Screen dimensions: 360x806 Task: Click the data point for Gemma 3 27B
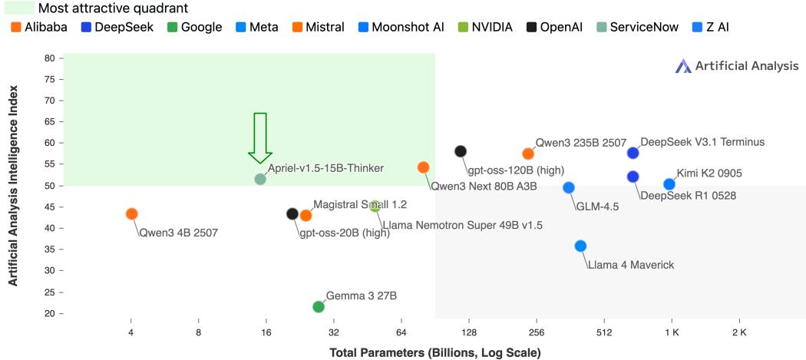click(319, 307)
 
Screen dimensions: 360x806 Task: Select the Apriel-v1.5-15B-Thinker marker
click(260, 179)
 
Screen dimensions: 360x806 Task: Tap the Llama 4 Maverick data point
click(580, 246)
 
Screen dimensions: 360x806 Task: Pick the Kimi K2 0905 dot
click(669, 184)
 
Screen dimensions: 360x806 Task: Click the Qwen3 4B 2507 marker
click(131, 213)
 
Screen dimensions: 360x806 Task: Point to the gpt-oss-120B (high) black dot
click(461, 151)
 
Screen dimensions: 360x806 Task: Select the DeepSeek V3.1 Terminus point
click(633, 153)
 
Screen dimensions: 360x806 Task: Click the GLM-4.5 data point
click(569, 187)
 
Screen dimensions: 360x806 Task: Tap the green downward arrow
click(259, 137)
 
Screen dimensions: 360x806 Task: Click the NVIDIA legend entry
click(485, 28)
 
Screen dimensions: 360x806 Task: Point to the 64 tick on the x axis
click(401, 333)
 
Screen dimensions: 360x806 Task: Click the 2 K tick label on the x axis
click(739, 333)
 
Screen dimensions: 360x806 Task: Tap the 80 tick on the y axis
click(49, 58)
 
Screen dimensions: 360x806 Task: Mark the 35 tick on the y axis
click(49, 271)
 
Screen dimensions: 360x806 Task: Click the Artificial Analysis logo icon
click(683, 67)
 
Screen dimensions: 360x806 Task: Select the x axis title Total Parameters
click(434, 353)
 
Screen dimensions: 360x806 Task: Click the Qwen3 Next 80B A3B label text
click(484, 186)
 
